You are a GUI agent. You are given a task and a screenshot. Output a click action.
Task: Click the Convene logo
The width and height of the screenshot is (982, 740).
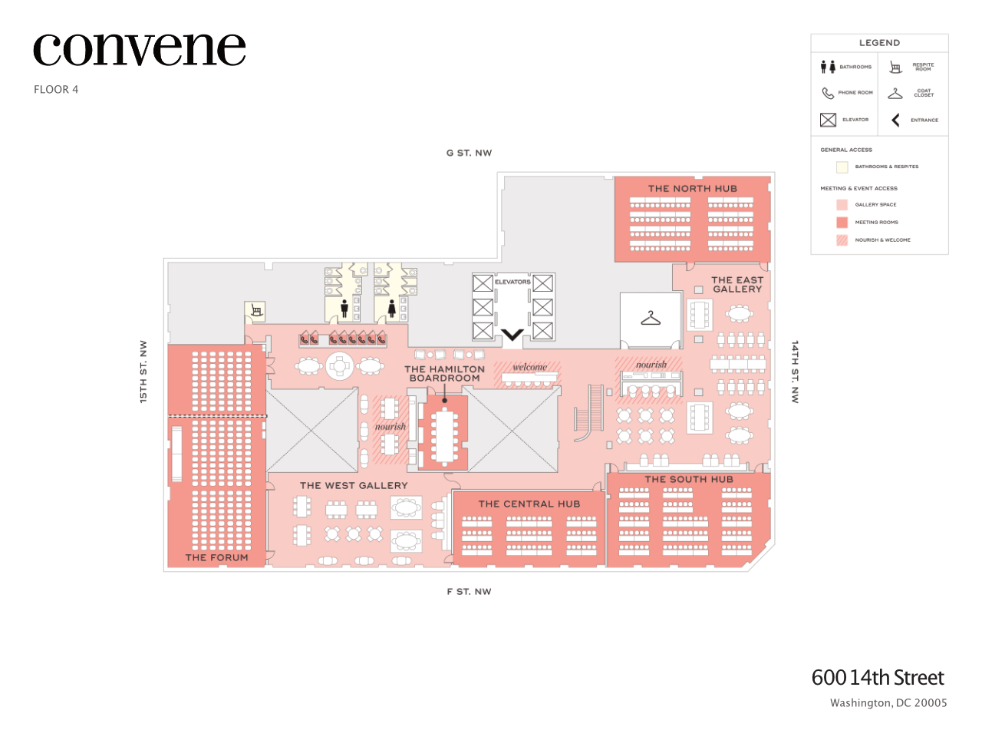click(x=139, y=50)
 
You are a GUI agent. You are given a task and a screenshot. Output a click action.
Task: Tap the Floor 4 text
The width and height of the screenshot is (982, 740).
click(x=56, y=90)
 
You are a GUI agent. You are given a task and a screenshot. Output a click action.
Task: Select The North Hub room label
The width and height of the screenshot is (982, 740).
click(x=692, y=188)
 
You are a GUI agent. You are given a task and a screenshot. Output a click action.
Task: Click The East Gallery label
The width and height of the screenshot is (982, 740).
click(x=737, y=285)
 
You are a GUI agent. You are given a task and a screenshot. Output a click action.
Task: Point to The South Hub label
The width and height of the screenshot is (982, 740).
click(x=689, y=479)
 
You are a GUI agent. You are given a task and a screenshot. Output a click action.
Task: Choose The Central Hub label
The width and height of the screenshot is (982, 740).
click(x=529, y=504)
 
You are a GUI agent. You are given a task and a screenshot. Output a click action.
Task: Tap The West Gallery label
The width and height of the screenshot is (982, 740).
click(x=354, y=485)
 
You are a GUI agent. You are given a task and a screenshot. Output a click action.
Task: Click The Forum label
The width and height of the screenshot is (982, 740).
click(x=216, y=557)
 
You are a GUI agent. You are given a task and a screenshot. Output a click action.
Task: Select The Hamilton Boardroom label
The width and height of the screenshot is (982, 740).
click(x=445, y=374)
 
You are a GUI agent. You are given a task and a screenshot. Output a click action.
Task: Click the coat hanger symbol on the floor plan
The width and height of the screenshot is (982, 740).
click(x=651, y=318)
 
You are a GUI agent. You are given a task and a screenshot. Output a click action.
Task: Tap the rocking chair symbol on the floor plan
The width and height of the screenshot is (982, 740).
click(x=256, y=311)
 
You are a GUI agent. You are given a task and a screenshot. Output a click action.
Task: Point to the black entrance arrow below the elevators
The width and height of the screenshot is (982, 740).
click(x=512, y=335)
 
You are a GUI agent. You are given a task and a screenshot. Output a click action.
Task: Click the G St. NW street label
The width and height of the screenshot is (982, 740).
click(x=469, y=153)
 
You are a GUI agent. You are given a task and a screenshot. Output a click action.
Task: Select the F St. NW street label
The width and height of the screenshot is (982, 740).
click(x=469, y=592)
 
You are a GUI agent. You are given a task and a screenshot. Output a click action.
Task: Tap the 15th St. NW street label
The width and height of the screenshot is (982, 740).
click(x=143, y=372)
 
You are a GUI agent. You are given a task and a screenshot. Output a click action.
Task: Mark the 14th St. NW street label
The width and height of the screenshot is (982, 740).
click(x=795, y=372)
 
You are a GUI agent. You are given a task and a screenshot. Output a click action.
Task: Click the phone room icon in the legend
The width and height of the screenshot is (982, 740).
click(x=828, y=93)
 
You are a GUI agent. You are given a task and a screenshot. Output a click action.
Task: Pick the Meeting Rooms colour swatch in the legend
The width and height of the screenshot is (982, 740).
click(x=842, y=223)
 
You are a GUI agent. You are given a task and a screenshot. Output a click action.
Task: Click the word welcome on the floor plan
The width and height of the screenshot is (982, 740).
click(x=530, y=367)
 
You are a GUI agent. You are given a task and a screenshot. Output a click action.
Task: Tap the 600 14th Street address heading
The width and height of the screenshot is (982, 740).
click(x=878, y=678)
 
